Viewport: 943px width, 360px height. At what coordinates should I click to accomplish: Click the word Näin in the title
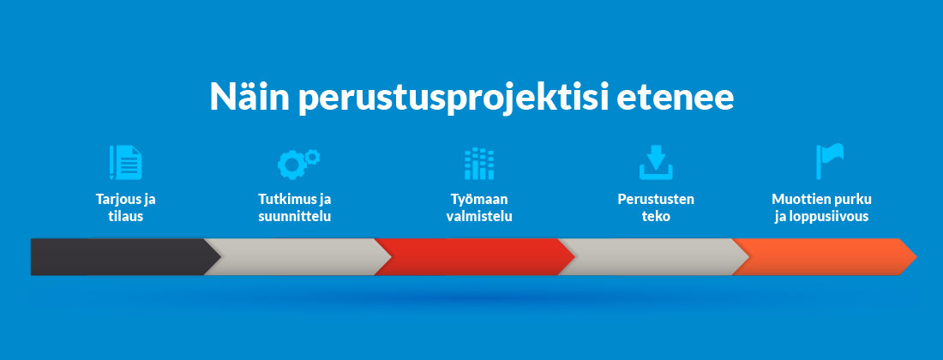248,96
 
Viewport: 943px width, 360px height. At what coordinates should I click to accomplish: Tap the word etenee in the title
676,98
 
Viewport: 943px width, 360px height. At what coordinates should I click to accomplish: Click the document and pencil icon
126,162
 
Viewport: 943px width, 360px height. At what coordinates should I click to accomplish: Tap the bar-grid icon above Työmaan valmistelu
478,164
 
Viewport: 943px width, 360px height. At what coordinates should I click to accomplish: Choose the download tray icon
656,162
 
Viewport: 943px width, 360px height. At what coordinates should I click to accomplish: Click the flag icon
830,161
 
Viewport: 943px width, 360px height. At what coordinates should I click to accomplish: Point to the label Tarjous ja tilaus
126,207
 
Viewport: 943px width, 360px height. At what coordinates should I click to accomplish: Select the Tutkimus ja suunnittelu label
295,207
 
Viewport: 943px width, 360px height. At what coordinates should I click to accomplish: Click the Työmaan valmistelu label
479,207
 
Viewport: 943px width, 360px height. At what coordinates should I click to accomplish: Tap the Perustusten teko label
656,207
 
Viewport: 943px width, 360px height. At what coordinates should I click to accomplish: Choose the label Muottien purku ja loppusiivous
821,207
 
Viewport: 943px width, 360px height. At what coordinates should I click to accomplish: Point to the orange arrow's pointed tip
916,257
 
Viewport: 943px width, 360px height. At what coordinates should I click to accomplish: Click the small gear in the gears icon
311,158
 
